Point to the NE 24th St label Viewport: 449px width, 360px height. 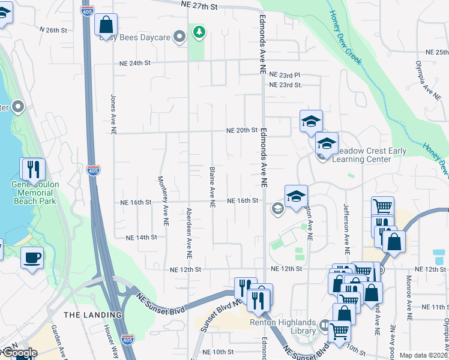pyautogui.click(x=135, y=62)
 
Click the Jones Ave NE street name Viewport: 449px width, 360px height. pyautogui.click(x=113, y=114)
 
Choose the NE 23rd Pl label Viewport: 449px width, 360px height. pyautogui.click(x=285, y=75)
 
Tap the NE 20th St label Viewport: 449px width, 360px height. pyautogui.click(x=241, y=130)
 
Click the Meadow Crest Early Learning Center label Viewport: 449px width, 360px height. pyautogui.click(x=363, y=155)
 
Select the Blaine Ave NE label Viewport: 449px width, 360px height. pyautogui.click(x=212, y=187)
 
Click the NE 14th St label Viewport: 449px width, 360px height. pyautogui.click(x=142, y=238)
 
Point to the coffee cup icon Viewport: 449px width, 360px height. pyautogui.click(x=32, y=258)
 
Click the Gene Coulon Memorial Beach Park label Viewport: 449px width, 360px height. pyautogui.click(x=34, y=193)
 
